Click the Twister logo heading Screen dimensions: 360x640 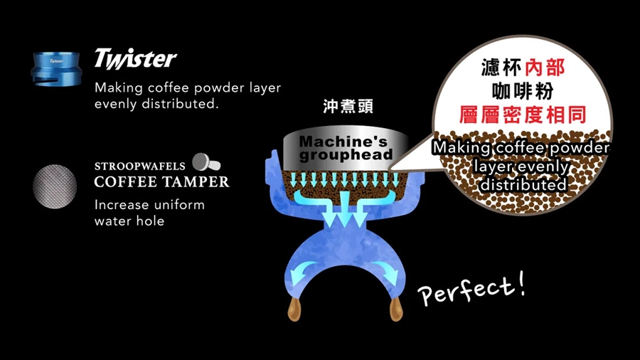(135, 58)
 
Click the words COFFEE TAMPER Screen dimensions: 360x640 (161, 182)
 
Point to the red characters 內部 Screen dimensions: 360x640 (545, 68)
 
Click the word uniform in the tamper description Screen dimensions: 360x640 (178, 205)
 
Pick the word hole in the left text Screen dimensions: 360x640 (149, 221)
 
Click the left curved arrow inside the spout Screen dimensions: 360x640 (302, 268)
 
